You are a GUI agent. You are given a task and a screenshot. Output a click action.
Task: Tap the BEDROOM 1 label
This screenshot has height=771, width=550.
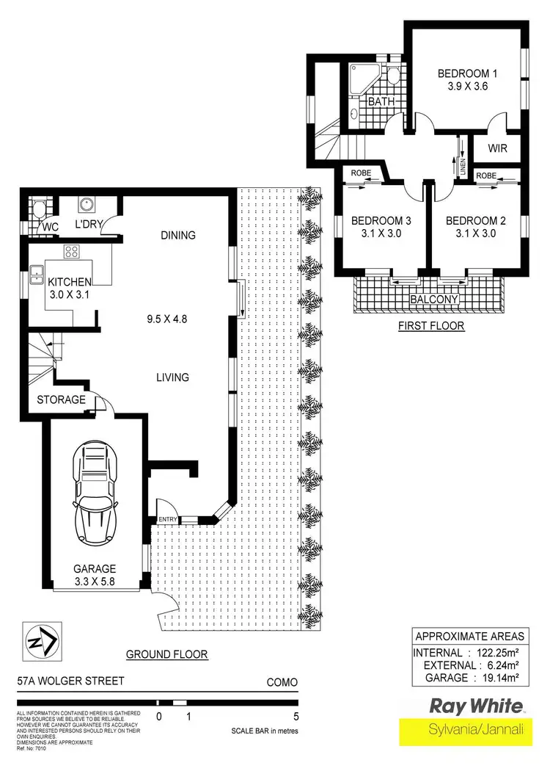(x=467, y=73)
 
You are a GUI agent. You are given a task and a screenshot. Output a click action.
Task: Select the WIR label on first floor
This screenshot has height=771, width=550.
(x=498, y=148)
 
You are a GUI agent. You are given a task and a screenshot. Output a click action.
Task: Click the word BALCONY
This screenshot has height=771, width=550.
(x=434, y=300)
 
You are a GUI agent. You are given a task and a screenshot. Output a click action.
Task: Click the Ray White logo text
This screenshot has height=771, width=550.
(x=476, y=707)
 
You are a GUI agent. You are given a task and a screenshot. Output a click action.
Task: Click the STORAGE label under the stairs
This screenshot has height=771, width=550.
(x=62, y=400)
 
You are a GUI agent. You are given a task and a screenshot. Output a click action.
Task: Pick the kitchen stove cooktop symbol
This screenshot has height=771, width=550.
(x=72, y=252)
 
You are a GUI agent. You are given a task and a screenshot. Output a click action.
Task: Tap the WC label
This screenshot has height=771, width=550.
(x=50, y=227)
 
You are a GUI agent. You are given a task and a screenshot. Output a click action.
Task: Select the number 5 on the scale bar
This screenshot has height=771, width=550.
(x=296, y=717)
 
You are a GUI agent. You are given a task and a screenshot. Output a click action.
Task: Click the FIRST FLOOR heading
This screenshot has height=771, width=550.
(x=431, y=325)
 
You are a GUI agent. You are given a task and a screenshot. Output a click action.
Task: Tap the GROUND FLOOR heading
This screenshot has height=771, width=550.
(x=167, y=654)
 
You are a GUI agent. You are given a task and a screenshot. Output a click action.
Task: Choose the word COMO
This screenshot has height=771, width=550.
(x=282, y=682)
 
